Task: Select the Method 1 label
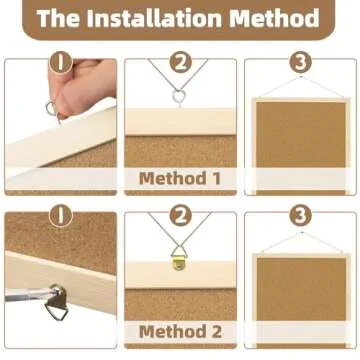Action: [x=179, y=179]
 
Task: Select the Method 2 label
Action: [x=179, y=331]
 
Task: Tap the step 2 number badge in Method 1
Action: [x=180, y=61]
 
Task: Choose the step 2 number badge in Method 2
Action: [x=180, y=214]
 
